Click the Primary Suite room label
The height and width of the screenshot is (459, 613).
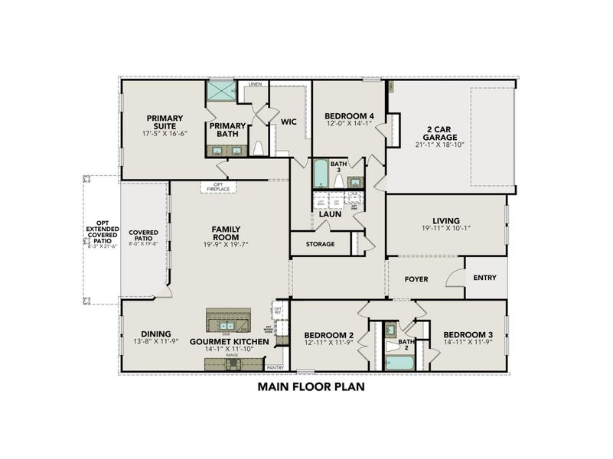pyautogui.click(x=165, y=122)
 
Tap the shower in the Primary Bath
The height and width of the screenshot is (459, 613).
pyautogui.click(x=220, y=92)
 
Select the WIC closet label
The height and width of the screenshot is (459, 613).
pyautogui.click(x=289, y=122)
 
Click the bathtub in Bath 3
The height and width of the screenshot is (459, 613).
pyautogui.click(x=319, y=174)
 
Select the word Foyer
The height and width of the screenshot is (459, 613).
pyautogui.click(x=416, y=279)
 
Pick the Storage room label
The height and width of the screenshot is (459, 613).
pyautogui.click(x=319, y=244)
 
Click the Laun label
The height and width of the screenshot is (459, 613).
pyautogui.click(x=330, y=215)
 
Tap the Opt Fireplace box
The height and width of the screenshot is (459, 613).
pyautogui.click(x=219, y=187)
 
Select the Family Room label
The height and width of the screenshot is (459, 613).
pyautogui.click(x=227, y=233)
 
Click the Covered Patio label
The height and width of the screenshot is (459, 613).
pyautogui.click(x=143, y=236)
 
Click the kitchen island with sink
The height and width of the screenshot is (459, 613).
pyautogui.click(x=228, y=317)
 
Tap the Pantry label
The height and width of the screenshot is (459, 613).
pyautogui.click(x=275, y=368)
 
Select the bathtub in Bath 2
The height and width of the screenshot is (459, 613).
pyautogui.click(x=399, y=361)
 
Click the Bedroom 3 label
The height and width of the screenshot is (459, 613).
pyautogui.click(x=467, y=335)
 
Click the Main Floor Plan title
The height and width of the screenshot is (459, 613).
pyautogui.click(x=311, y=387)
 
